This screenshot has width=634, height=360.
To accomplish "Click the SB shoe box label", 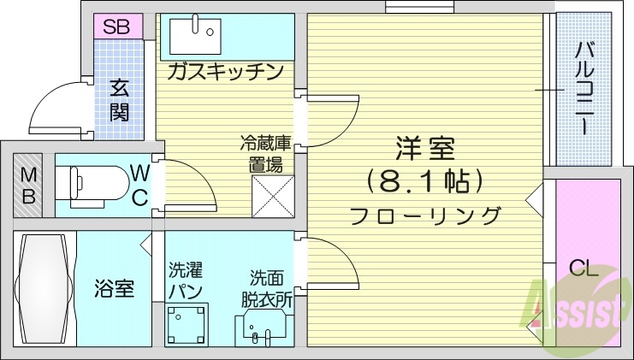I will (117, 27).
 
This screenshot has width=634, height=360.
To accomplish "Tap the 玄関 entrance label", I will (119, 100).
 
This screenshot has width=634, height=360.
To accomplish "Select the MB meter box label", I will (29, 184).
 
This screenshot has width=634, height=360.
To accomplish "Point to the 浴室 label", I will (114, 288).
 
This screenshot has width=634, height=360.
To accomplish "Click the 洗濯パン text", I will (185, 281).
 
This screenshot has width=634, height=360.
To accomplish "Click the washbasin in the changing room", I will (261, 326).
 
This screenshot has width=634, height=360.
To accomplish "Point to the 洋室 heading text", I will (424, 150).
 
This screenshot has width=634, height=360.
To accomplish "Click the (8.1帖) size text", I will (424, 181).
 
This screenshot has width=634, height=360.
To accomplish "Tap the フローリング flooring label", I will (424, 215).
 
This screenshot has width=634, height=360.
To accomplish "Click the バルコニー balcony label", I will (584, 88).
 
